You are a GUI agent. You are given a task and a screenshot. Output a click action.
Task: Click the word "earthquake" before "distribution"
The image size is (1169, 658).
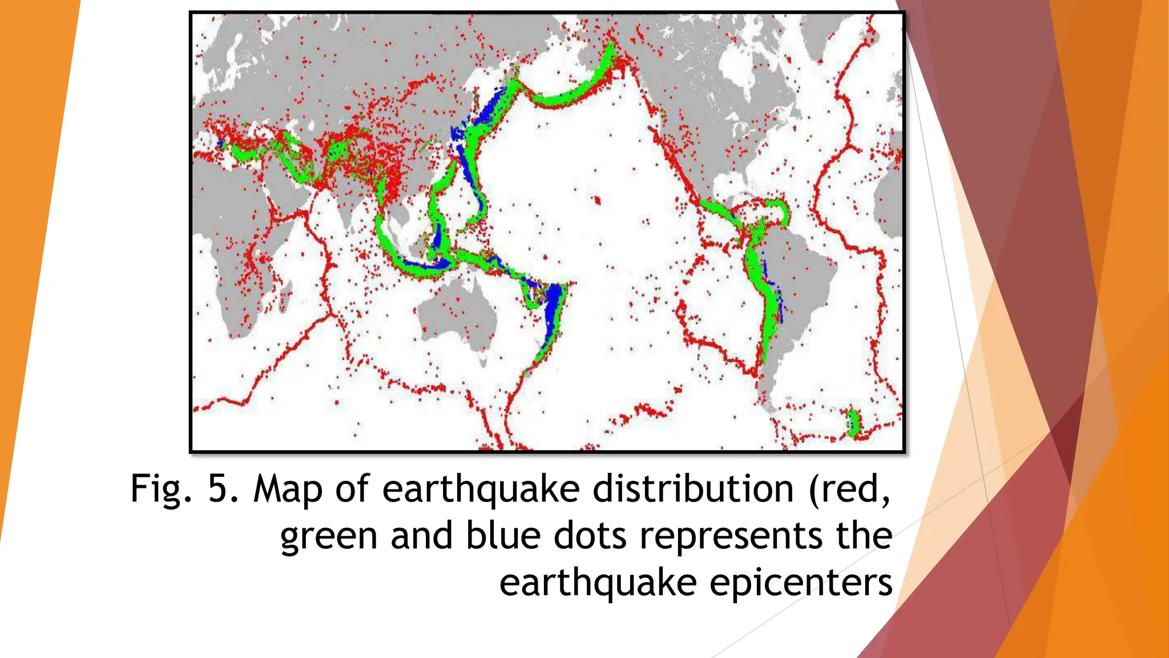[x=481, y=490]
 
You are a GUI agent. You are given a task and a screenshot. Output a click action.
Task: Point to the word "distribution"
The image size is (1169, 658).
[x=693, y=489]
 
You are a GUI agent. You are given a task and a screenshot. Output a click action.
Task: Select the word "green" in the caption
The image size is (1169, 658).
[x=329, y=537]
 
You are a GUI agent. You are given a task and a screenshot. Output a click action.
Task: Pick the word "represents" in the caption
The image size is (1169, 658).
[x=731, y=537]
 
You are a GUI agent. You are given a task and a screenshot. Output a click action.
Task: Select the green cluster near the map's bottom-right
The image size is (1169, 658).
[x=853, y=423]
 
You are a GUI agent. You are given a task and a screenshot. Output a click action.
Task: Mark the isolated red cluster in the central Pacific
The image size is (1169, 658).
[x=597, y=200]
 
